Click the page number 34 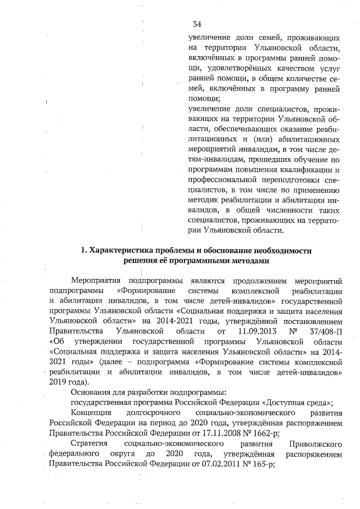pyautogui.click(x=197, y=24)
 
